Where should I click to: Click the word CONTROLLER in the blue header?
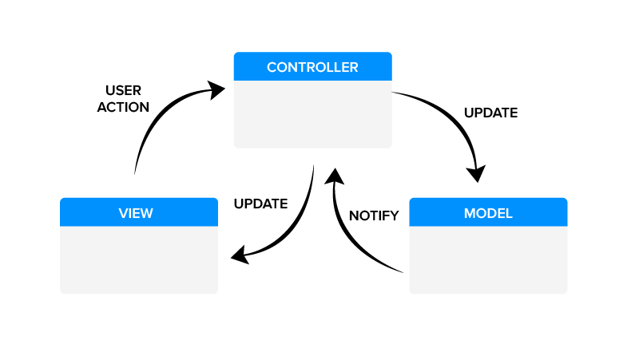pyautogui.click(x=312, y=67)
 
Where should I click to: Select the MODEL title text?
pyautogui.click(x=488, y=213)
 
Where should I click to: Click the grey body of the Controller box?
pyautogui.click(x=312, y=114)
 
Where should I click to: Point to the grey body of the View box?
pyautogui.click(x=139, y=259)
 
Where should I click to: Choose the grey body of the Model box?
pyautogui.click(x=488, y=259)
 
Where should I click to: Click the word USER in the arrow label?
pyautogui.click(x=123, y=89)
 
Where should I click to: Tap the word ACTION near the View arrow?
pyautogui.click(x=123, y=107)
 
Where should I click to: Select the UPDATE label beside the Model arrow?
pyautogui.click(x=490, y=113)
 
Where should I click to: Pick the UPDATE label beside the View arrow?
pyautogui.click(x=260, y=204)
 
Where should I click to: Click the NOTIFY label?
pyautogui.click(x=374, y=216)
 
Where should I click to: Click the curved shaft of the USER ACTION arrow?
pyautogui.click(x=152, y=128)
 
